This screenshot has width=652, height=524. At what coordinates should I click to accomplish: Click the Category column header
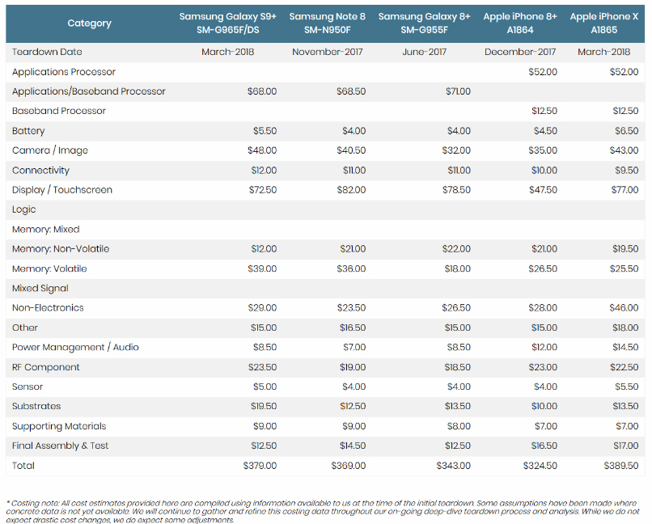(90, 23)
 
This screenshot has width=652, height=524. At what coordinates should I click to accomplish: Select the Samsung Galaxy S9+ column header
(228, 23)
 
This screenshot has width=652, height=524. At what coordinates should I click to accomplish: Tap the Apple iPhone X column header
(604, 23)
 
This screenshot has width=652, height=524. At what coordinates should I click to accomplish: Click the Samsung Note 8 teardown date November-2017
(328, 52)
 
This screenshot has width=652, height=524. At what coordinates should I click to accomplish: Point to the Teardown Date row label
(47, 52)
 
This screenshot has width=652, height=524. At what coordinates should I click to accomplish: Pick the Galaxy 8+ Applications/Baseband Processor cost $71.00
(458, 91)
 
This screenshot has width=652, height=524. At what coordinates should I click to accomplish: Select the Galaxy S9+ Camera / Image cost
(262, 150)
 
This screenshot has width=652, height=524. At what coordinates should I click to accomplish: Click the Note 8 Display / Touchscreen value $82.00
(351, 190)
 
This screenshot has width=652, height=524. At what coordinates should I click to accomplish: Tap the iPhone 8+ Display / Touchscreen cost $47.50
(543, 190)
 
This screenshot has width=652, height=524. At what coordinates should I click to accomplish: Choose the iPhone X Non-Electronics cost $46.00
(624, 308)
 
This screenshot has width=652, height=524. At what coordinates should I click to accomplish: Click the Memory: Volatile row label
(49, 268)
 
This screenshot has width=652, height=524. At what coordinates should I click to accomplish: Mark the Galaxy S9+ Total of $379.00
(260, 466)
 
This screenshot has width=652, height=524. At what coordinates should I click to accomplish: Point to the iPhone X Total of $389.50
(621, 466)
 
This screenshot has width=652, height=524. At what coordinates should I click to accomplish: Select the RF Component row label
(46, 367)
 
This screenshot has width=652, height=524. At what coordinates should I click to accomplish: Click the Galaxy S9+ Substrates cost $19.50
(264, 407)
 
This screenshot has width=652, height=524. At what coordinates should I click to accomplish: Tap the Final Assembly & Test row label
(61, 446)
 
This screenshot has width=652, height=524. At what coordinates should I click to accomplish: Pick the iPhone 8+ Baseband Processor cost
(544, 111)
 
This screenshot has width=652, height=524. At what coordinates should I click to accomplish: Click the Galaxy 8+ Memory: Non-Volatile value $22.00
(456, 249)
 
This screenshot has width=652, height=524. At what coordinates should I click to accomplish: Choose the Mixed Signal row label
(40, 289)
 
